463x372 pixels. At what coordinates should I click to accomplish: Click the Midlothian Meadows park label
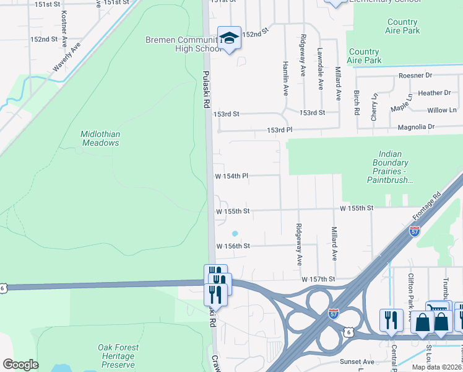point(100,138)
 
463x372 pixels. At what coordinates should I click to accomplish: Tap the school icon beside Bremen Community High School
point(229,38)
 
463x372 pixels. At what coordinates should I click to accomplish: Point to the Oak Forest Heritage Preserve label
point(117,356)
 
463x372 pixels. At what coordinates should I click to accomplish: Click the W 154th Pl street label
point(231,176)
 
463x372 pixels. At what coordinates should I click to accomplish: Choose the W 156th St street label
point(233,246)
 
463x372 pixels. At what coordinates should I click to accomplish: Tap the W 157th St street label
point(318,280)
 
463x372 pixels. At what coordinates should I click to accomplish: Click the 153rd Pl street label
point(279,130)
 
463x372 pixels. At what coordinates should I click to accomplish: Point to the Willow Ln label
point(441,110)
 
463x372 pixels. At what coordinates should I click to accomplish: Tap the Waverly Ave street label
point(67,57)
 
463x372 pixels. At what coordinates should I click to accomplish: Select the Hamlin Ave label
point(286,82)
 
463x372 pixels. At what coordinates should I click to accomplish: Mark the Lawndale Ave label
point(321,69)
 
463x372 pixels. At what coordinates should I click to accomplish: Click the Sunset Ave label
point(357,361)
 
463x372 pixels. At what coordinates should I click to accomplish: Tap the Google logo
point(21,365)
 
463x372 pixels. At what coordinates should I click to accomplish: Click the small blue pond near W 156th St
point(235,234)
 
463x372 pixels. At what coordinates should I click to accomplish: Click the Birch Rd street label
point(357,102)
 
